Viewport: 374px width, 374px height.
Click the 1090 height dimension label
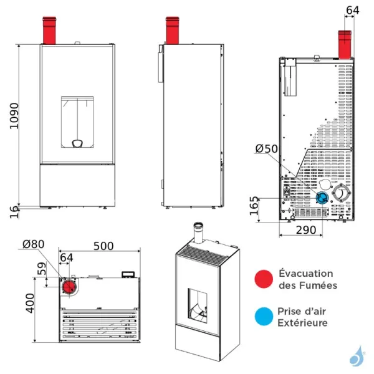pos(14,116)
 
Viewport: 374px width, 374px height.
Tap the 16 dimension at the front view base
pos(14,212)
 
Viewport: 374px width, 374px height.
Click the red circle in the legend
pos(264,279)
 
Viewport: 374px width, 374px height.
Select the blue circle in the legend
pos(264,317)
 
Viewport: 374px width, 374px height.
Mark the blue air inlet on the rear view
pos(322,198)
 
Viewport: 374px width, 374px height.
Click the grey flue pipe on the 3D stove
pos(198,233)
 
